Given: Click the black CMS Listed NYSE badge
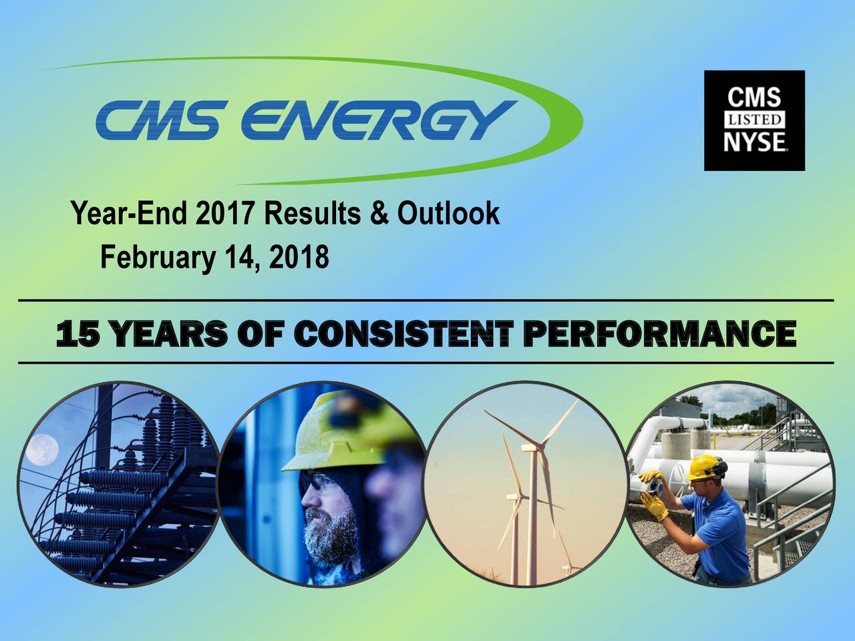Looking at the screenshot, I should coord(754,120).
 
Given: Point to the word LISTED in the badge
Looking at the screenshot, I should coord(754,120).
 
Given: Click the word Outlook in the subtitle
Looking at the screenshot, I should coord(448,214).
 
